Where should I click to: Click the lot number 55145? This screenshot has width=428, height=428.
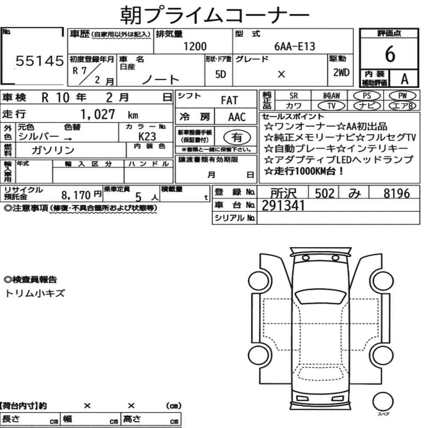pyautogui.click(x=39, y=62)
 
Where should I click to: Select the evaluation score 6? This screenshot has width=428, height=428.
pyautogui.click(x=389, y=54)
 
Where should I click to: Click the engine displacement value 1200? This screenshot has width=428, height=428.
pyautogui.click(x=195, y=46)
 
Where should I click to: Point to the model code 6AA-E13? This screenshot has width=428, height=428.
pyautogui.click(x=294, y=46)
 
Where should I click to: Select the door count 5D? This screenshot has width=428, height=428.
pyautogui.click(x=220, y=74)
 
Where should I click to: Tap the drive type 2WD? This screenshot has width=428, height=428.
pyautogui.click(x=341, y=72)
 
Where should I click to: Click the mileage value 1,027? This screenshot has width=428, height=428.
pyautogui.click(x=98, y=114)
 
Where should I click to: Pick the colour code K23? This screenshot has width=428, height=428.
pyautogui.click(x=147, y=136)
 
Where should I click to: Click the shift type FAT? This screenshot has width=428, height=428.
pyautogui.click(x=229, y=101)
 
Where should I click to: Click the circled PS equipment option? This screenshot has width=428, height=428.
pyautogui.click(x=366, y=96)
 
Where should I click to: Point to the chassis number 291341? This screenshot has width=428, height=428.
pyautogui.click(x=283, y=206)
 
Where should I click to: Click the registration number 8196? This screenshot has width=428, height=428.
pyautogui.click(x=396, y=193)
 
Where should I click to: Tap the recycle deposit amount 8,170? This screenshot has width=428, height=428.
pyautogui.click(x=76, y=196)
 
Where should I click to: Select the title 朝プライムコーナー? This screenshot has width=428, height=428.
pyautogui.click(x=214, y=15)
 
